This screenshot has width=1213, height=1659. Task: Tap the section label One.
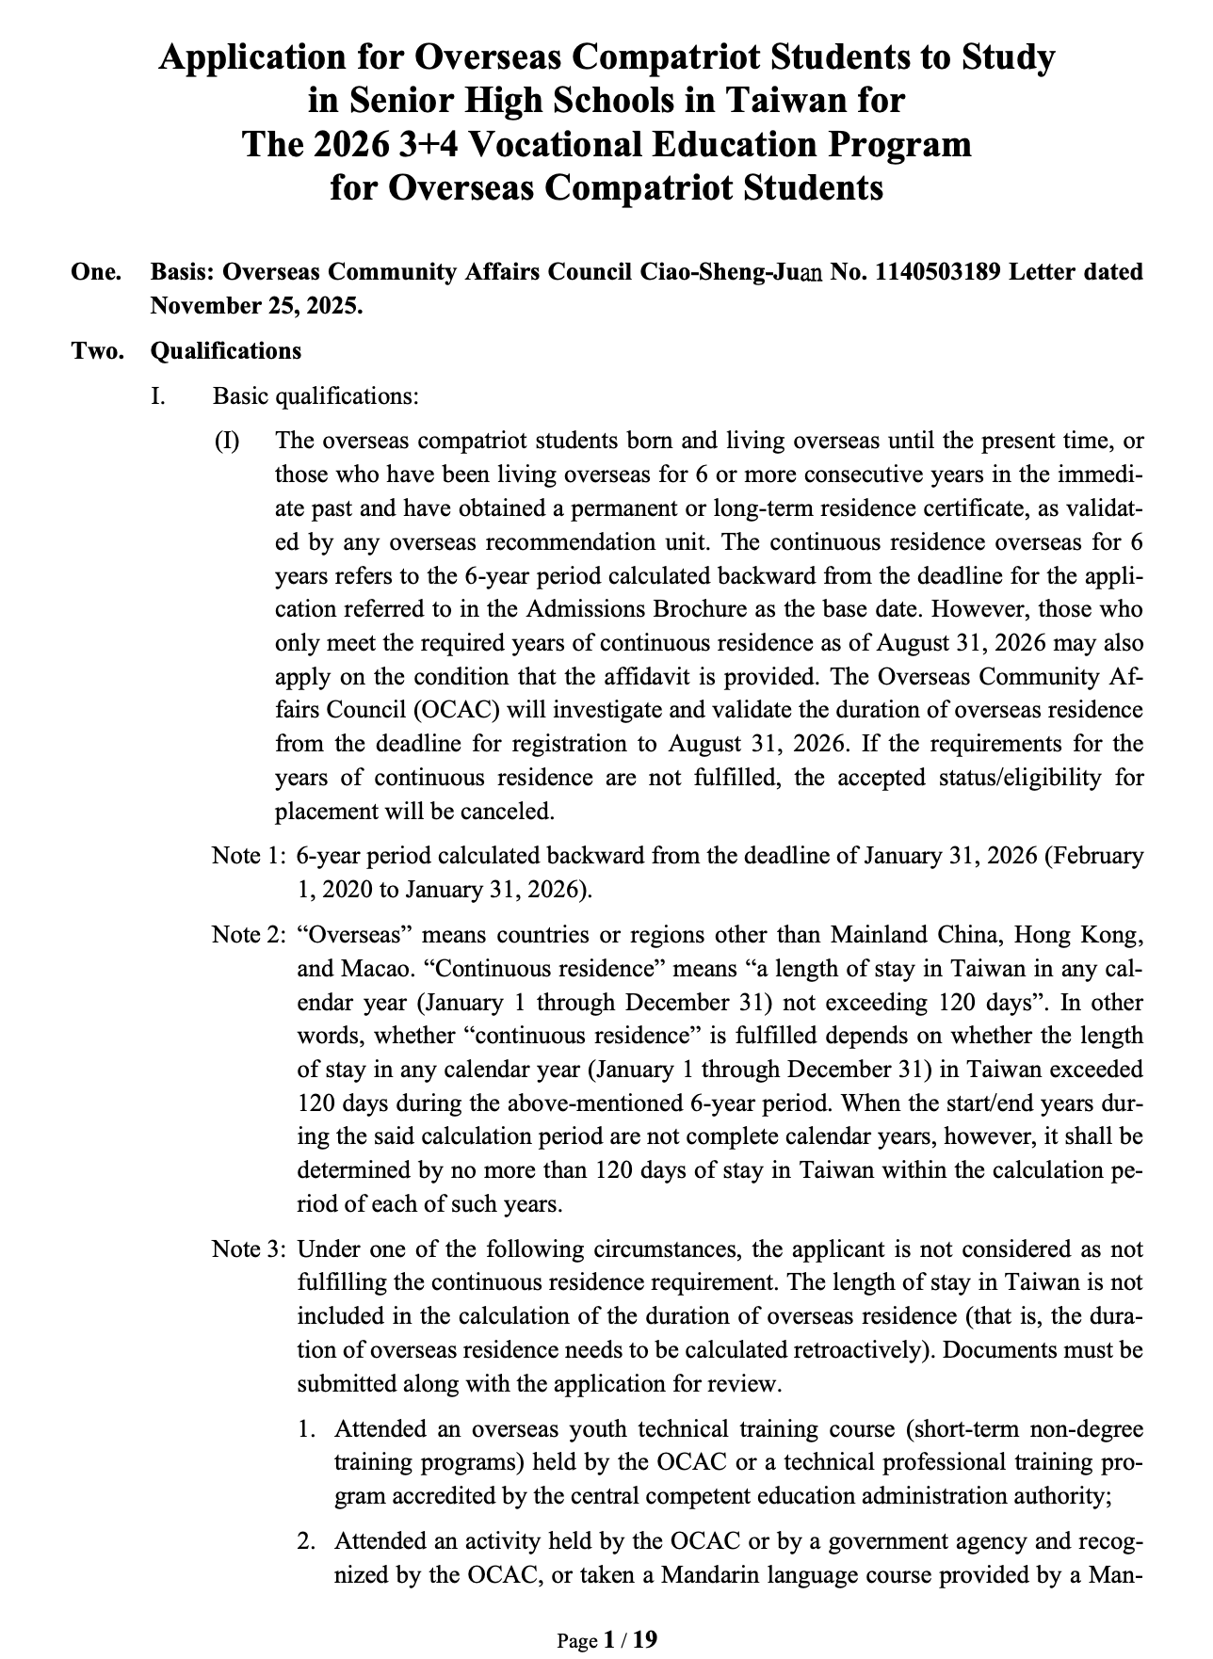tap(96, 272)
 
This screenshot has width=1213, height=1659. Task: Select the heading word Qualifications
tap(226, 351)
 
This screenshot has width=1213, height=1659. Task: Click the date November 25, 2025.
tap(256, 306)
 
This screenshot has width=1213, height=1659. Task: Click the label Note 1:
tap(249, 856)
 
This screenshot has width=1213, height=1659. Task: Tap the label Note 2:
tap(249, 935)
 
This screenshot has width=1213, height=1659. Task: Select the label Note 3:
tap(249, 1249)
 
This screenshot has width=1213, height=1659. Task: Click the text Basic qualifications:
tap(315, 395)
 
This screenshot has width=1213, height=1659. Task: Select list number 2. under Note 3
tap(306, 1541)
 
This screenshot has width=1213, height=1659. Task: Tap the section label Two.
tap(97, 351)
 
